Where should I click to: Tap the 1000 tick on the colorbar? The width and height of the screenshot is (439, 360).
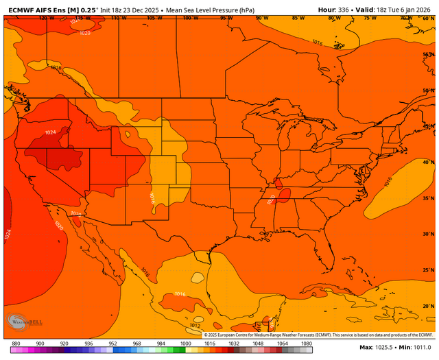(185, 343)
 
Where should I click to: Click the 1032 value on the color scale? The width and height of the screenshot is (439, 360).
(234, 343)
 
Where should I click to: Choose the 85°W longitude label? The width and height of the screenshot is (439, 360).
(297, 18)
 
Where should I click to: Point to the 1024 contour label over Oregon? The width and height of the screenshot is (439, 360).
(50, 132)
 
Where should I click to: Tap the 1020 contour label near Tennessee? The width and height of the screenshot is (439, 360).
(271, 199)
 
